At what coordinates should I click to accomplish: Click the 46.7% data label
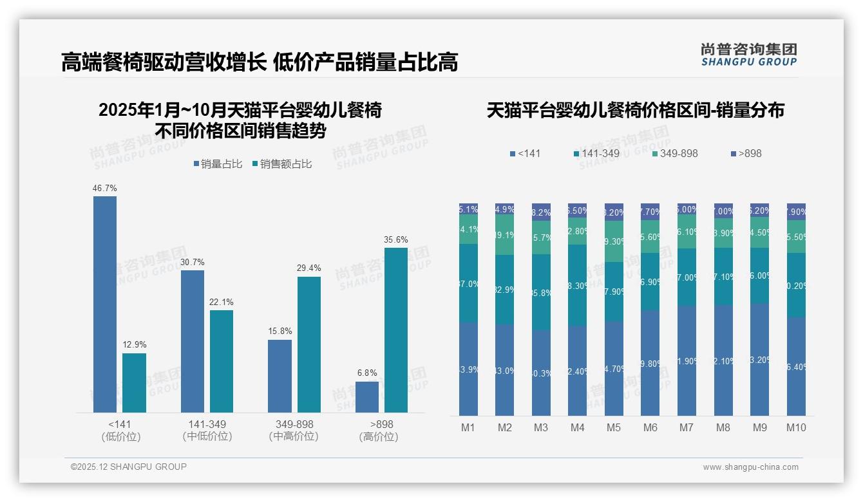point(105,189)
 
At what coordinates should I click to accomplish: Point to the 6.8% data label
point(367,373)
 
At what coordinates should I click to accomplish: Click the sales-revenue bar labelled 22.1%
point(222,361)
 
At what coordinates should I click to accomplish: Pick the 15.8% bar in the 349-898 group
point(280,376)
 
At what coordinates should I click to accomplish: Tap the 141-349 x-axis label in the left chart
point(207,425)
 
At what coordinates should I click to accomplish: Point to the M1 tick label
point(468,427)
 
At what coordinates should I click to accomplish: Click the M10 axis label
point(796,427)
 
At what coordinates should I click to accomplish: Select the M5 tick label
point(614,427)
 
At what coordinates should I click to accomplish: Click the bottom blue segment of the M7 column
point(687,360)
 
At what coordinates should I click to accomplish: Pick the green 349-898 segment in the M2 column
point(505,235)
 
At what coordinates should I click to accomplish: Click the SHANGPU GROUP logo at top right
point(748,55)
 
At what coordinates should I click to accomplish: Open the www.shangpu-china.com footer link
point(750,467)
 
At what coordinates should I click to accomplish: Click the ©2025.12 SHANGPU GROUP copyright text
point(129,467)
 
